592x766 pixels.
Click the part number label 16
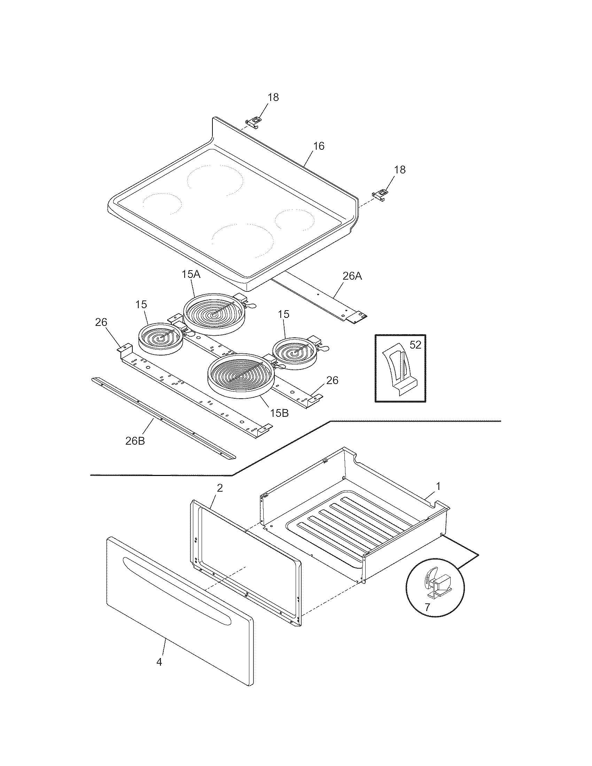pos(318,146)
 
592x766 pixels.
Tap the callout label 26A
pos(352,276)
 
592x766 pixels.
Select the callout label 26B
pos(135,440)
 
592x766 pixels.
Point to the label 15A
pos(191,274)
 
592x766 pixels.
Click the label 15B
pos(279,413)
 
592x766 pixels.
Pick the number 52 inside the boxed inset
pos(415,345)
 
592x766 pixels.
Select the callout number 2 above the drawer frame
pos(219,488)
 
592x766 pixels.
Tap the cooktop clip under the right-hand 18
pos(380,194)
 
